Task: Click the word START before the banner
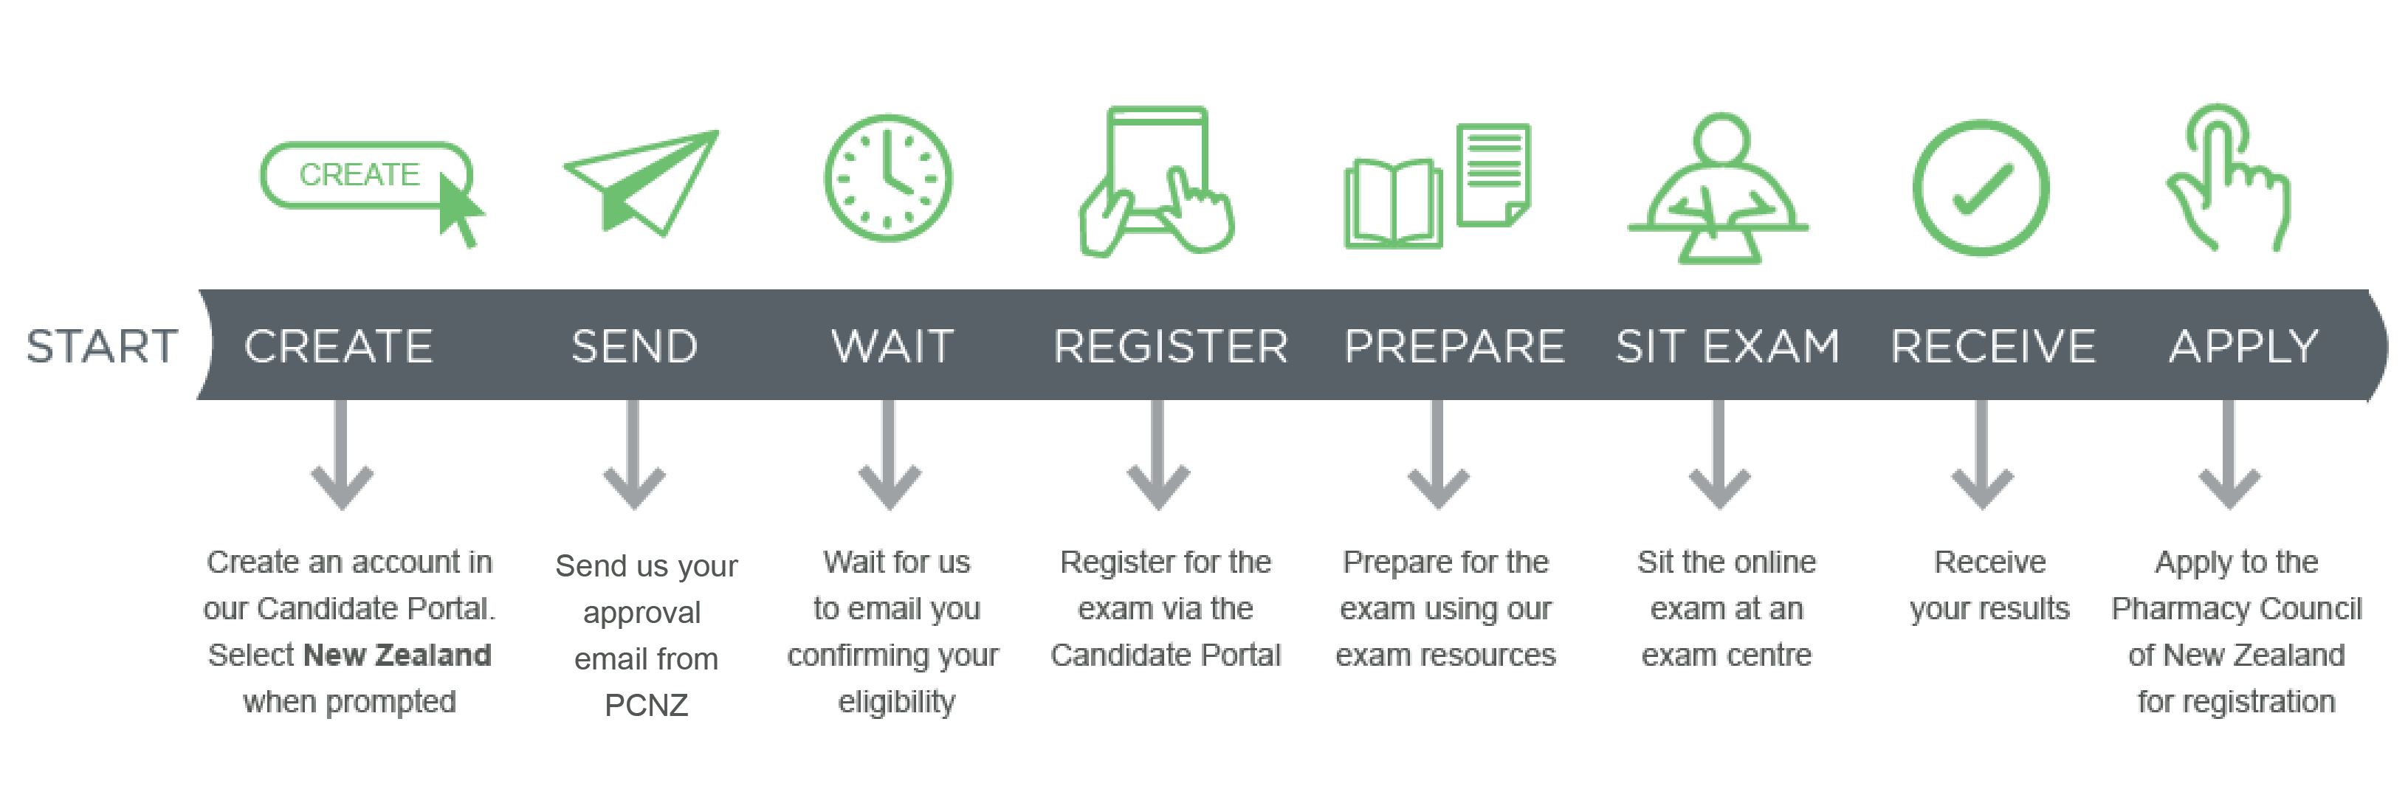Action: (x=102, y=347)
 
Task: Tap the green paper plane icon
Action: (x=641, y=182)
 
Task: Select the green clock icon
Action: (x=888, y=177)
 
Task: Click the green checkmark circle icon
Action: (x=1981, y=187)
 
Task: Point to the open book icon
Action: (x=1393, y=203)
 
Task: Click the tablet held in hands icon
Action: (x=1156, y=182)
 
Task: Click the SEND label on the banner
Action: (x=635, y=347)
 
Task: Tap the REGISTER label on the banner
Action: (x=1170, y=347)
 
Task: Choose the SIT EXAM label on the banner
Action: (x=1727, y=347)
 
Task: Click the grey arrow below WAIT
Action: (x=889, y=455)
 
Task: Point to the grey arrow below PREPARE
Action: (x=1438, y=455)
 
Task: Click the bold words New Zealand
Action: (x=397, y=655)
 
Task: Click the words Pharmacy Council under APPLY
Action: (x=2236, y=609)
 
